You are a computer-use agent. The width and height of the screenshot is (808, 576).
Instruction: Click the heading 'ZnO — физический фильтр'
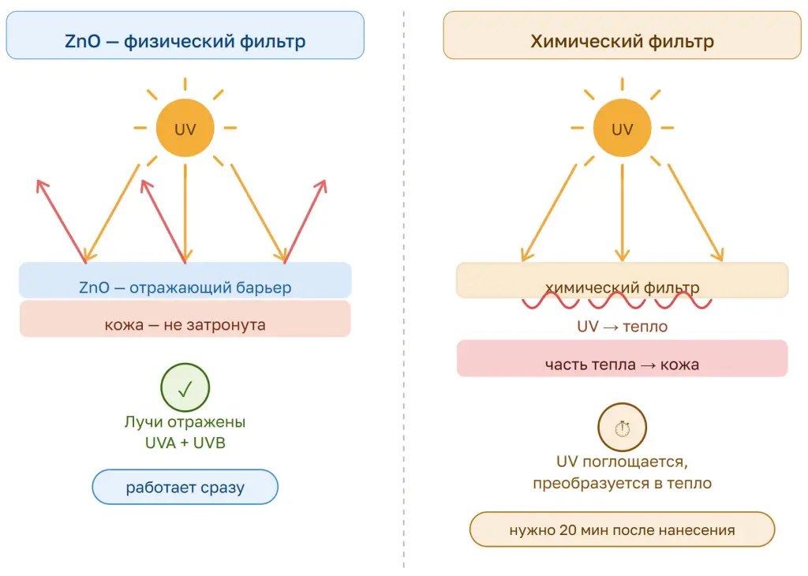[185, 41]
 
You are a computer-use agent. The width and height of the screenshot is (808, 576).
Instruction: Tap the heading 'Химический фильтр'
[622, 41]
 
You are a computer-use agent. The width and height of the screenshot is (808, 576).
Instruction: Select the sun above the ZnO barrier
[185, 128]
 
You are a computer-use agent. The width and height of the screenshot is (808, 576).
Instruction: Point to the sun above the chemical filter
[622, 128]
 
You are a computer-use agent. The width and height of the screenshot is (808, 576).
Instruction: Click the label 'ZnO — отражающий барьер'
[185, 287]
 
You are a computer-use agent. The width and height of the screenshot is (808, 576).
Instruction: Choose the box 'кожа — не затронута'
[185, 319]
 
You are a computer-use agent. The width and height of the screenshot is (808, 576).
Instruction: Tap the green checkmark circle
[185, 387]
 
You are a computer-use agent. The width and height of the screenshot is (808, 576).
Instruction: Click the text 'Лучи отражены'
[185, 421]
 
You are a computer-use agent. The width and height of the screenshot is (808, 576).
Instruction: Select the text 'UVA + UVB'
[185, 443]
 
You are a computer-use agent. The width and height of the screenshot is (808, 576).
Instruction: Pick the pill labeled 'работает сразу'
[185, 487]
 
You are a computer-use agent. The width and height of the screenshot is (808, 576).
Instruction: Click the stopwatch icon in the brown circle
[622, 428]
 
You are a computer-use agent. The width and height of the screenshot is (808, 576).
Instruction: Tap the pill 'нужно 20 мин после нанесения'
[622, 529]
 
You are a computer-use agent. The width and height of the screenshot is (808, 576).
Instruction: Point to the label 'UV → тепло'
[622, 326]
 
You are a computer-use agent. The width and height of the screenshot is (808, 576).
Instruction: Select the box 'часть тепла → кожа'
[622, 358]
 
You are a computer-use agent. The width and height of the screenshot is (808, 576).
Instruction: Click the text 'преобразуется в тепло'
[622, 483]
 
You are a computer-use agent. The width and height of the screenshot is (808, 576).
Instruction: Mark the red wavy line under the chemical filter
[616, 301]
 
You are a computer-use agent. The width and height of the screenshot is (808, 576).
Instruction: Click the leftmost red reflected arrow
[62, 222]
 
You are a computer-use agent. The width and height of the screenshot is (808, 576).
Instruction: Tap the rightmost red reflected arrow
[305, 222]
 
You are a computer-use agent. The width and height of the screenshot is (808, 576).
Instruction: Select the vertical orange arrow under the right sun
[622, 213]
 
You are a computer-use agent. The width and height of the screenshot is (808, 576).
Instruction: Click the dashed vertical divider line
[404, 289]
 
